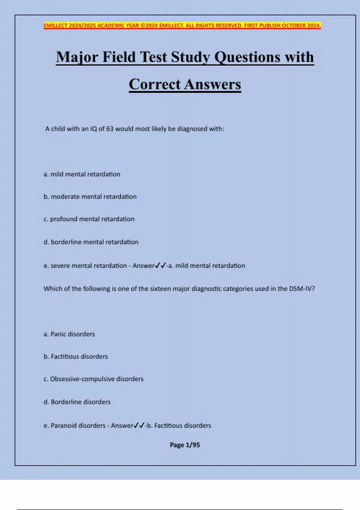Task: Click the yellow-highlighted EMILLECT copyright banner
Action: tap(182, 25)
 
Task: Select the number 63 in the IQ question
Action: tap(110, 129)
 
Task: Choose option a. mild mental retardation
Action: tap(82, 174)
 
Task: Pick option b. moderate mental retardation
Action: tap(90, 197)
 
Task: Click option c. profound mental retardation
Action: tap(89, 219)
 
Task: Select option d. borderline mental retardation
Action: tap(91, 242)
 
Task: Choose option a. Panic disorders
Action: tap(69, 334)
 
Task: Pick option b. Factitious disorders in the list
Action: tap(76, 357)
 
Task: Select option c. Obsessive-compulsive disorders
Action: tap(94, 379)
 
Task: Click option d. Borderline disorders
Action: tap(77, 402)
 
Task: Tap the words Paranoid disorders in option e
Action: tap(78, 426)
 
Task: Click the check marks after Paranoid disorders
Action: tap(139, 425)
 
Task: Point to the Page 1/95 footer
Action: tap(185, 445)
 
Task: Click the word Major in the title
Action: tap(77, 57)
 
